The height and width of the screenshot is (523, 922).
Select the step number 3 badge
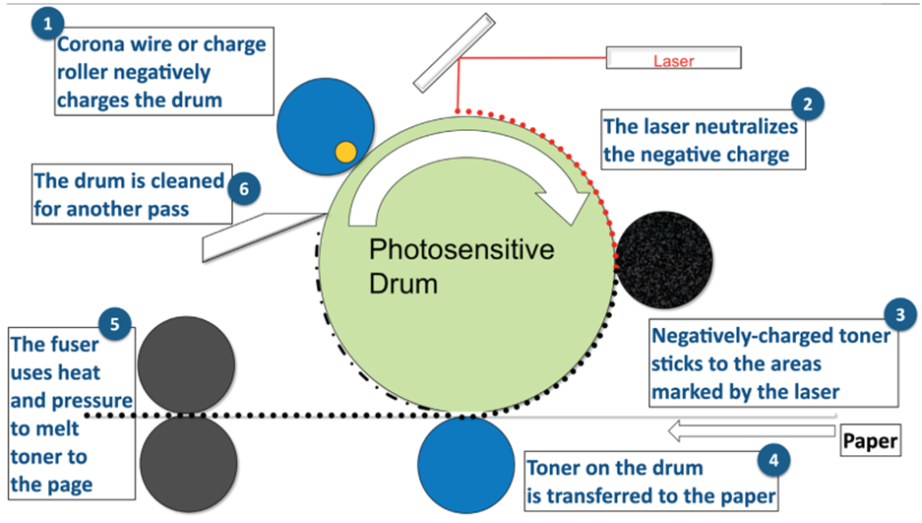pos(897,316)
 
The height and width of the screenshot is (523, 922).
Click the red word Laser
pos(674,61)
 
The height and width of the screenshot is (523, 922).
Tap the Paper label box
pos(872,441)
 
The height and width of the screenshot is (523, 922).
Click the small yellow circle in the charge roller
pos(345,151)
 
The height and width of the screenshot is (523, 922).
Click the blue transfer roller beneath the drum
pos(467,462)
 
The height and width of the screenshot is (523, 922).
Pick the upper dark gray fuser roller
pos(186,366)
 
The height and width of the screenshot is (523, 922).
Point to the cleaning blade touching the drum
pos(261,229)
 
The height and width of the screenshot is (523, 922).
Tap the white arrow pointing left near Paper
pos(748,429)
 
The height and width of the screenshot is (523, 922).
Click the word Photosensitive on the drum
pos(461,250)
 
